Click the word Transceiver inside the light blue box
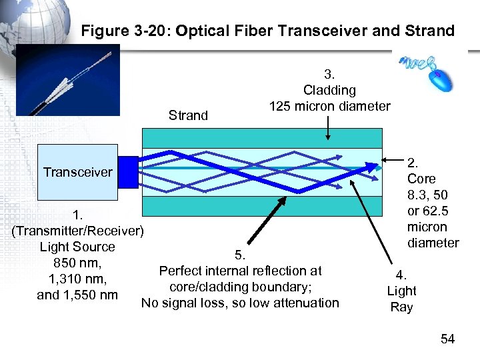tap(78, 173)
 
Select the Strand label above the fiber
tap(189, 115)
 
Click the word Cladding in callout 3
tap(329, 90)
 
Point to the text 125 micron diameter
tap(329, 106)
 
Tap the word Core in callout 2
tap(421, 179)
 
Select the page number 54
tap(447, 339)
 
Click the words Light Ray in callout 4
tap(401, 299)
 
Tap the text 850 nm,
tap(77, 263)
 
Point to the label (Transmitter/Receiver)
tap(78, 231)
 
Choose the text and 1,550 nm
tap(77, 295)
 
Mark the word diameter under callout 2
tap(433, 243)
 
